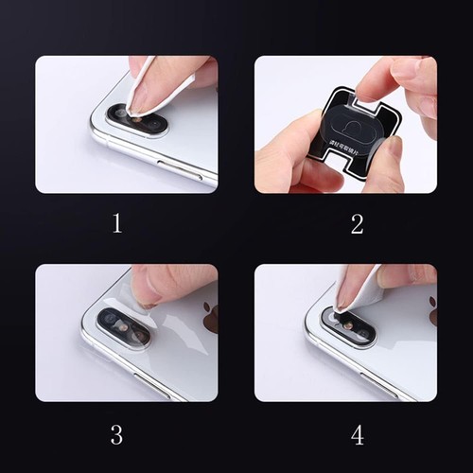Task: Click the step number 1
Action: tap(117, 224)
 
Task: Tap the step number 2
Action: tap(357, 224)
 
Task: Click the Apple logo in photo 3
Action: tap(210, 318)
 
